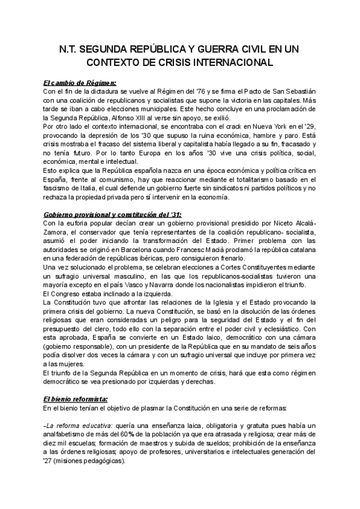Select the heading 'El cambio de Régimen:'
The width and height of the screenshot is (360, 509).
pos(80,82)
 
